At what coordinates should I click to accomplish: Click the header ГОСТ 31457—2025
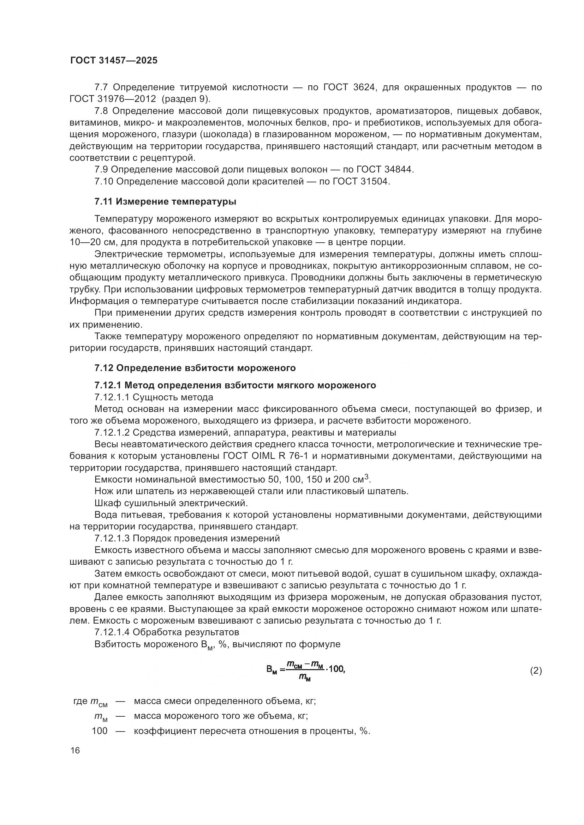coord(114,60)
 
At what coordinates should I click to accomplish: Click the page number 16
coord(75,751)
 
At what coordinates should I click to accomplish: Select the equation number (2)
coord(536,671)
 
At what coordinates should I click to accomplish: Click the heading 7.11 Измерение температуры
coord(165,202)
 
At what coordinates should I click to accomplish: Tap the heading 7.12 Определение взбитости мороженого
coord(195,368)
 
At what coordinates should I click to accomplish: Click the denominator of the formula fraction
coord(305,678)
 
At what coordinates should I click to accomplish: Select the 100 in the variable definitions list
coord(100,731)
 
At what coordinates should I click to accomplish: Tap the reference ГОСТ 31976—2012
coord(113,99)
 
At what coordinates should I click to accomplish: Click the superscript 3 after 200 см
coord(367,477)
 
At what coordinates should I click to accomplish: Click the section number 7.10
coord(104,181)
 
